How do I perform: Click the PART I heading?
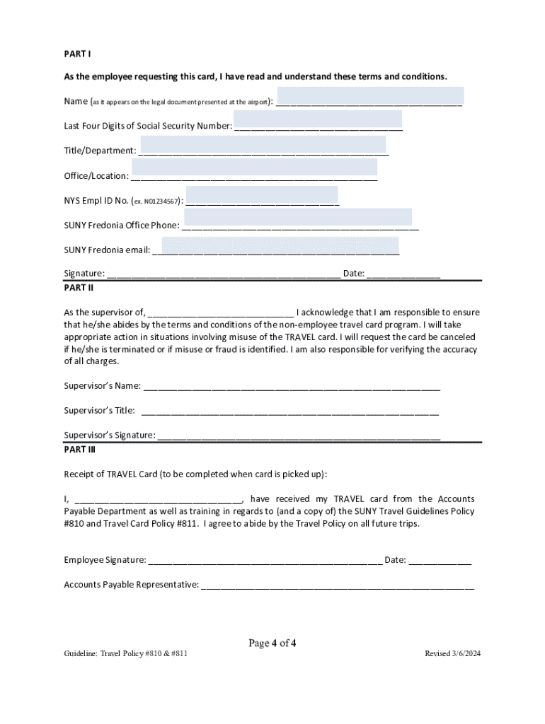point(77,54)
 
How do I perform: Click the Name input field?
point(370,96)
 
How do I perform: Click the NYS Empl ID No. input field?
point(261,195)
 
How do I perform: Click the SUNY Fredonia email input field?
point(280,245)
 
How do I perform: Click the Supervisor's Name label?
point(102,386)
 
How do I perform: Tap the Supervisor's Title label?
point(99,410)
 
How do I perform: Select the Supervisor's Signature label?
point(110,435)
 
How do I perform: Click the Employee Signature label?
point(105,561)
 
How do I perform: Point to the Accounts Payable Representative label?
point(131,585)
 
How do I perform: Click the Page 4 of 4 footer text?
point(272,643)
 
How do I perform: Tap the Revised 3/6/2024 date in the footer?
point(452,654)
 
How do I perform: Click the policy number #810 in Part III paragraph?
point(74,524)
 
